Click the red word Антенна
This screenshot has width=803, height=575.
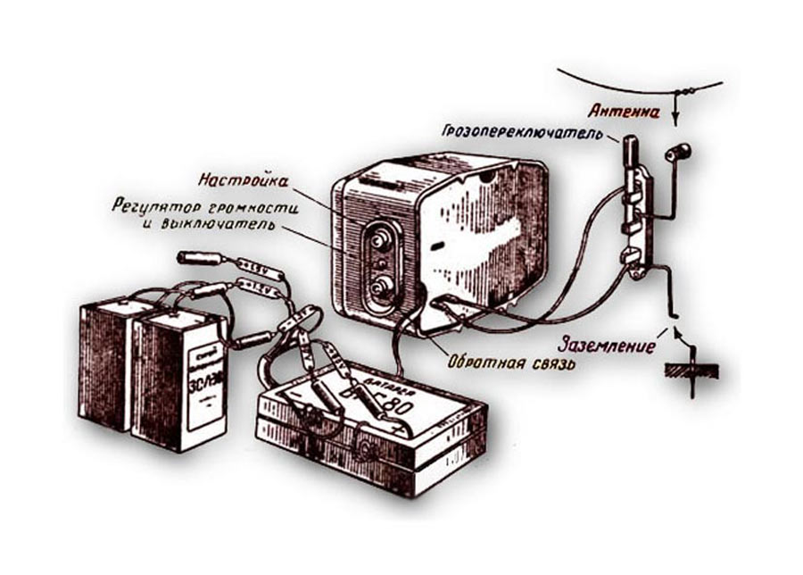pyautogui.click(x=624, y=112)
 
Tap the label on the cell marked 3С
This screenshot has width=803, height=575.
pyautogui.click(x=202, y=375)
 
